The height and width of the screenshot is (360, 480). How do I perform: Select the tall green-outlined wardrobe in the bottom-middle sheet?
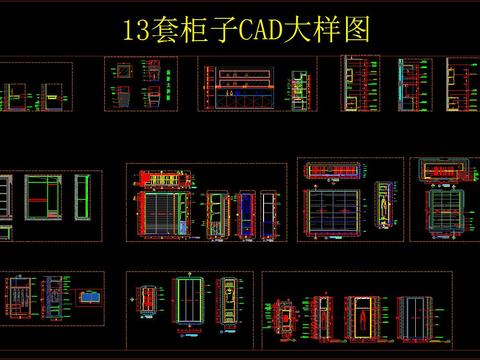pyautogui.click(x=189, y=301)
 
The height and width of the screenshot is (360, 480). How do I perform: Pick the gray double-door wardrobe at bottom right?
pyautogui.click(x=415, y=314)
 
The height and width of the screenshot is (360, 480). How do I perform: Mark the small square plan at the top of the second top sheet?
pyautogui.click(x=123, y=71)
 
